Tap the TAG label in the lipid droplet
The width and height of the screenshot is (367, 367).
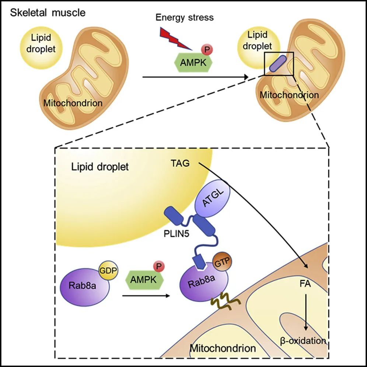tap(181, 163)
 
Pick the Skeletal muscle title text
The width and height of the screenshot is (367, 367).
tap(48, 13)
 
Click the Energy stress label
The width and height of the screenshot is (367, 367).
tap(185, 17)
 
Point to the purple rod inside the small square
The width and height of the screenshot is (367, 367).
tap(276, 63)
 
